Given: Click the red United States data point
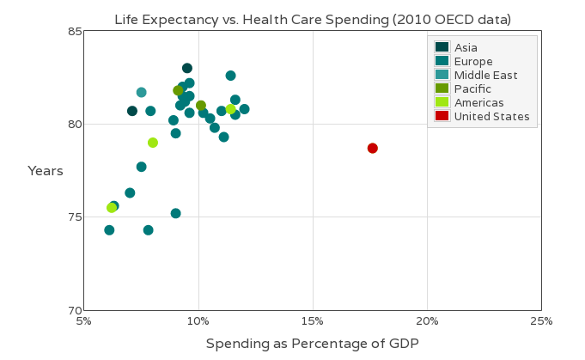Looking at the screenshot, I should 373,148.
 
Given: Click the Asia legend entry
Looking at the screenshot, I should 466,47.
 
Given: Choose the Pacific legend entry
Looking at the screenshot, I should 472,89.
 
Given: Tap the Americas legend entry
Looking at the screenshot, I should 478,103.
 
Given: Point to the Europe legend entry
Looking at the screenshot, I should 473,62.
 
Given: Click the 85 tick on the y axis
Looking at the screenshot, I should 75,32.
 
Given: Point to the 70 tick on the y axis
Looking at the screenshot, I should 75,310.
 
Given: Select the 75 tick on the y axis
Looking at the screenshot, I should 75,217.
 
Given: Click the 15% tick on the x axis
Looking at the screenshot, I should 313,321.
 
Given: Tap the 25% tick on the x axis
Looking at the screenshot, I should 541,321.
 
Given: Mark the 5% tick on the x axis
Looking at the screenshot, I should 84,321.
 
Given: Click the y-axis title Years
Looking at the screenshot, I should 46,171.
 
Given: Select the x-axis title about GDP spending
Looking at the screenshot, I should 312,344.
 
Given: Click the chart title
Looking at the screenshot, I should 313,19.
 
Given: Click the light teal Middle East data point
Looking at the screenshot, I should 141,92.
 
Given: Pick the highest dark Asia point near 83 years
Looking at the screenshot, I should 187,68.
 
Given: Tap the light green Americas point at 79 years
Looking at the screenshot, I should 153,143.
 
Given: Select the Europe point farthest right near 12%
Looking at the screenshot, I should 244,109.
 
